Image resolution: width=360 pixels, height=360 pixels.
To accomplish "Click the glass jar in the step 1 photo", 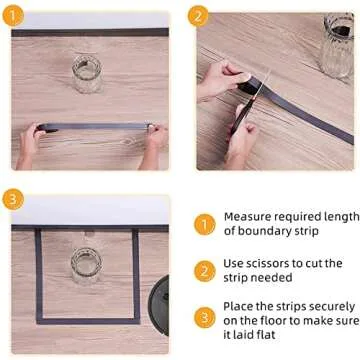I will click(87, 75).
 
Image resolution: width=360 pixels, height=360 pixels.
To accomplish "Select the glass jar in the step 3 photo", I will click(86, 265).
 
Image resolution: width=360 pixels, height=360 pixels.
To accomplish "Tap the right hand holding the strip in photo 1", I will click(154, 137).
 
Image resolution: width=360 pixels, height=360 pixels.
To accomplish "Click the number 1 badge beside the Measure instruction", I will click(204, 225).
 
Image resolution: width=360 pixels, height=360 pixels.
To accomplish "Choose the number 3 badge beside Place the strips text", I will click(204, 317).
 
